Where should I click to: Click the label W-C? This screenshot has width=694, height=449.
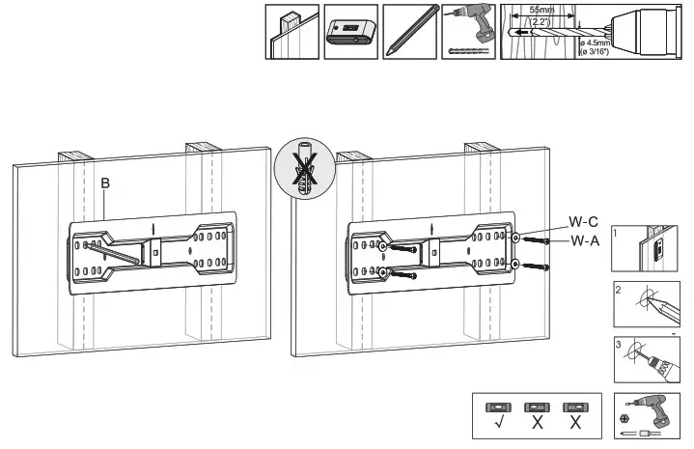coord(582,221)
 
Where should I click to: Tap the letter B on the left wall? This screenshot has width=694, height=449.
coord(106,183)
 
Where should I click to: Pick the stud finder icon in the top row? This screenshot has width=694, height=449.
coord(349,32)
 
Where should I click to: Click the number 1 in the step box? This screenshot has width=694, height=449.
coord(619,233)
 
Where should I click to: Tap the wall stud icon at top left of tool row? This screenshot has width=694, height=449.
coord(291,32)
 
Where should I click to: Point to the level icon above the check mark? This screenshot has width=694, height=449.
coord(496,406)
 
